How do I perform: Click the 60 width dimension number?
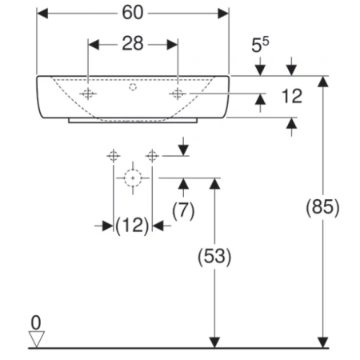click(x=133, y=13)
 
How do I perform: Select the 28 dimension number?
click(x=133, y=43)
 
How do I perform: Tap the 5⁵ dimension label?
click(x=260, y=44)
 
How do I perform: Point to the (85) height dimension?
click(x=322, y=207)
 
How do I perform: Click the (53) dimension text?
click(x=214, y=257)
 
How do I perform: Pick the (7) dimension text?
click(x=183, y=210)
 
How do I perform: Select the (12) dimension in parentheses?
click(x=132, y=226)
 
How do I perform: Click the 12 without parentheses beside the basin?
click(x=292, y=96)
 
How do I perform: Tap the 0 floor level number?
click(x=36, y=322)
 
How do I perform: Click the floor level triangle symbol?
click(x=37, y=339)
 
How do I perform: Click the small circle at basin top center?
click(x=133, y=87)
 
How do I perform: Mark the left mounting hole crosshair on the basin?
click(x=88, y=94)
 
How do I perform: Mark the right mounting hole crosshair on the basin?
click(x=178, y=94)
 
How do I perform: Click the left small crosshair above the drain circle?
click(x=114, y=156)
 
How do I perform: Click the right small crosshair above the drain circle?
click(x=152, y=156)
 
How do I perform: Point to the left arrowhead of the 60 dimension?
click(x=42, y=14)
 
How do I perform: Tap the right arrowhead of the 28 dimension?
click(x=172, y=45)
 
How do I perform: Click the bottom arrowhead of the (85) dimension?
click(x=323, y=342)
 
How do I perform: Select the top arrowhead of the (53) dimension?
click(x=214, y=184)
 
